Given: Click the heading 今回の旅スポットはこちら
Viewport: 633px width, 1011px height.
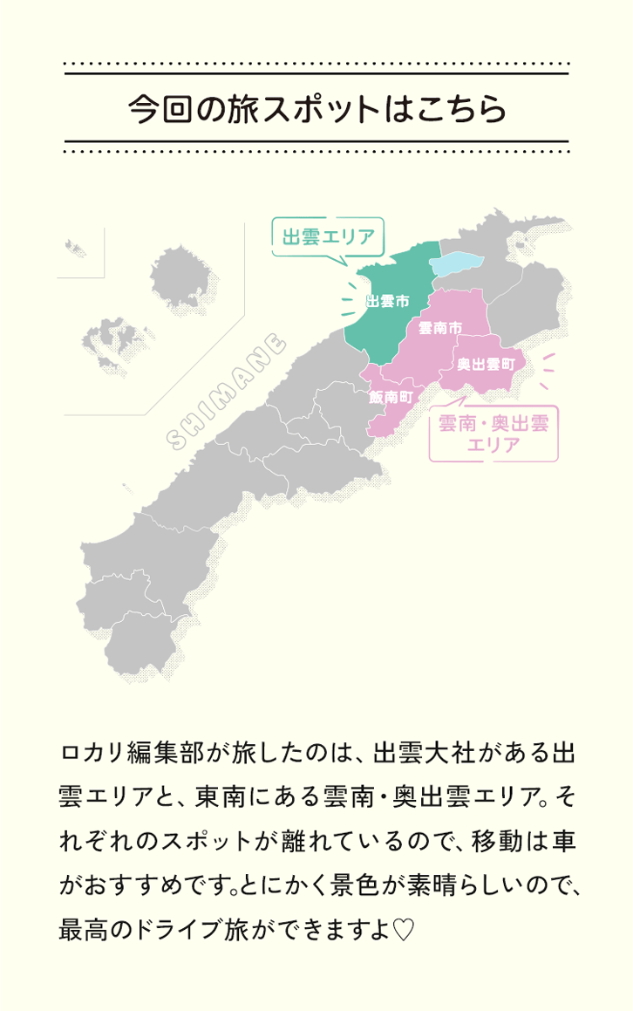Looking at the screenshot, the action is [316, 110].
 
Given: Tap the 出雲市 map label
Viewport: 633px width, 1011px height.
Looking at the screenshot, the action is [387, 302].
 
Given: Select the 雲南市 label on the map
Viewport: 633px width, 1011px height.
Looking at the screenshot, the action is [439, 328].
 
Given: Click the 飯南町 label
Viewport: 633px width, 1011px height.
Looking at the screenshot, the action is [390, 397].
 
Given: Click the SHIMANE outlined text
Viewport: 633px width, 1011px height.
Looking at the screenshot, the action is [225, 391].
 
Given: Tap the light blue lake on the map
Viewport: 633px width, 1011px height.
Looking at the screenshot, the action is [456, 263].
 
